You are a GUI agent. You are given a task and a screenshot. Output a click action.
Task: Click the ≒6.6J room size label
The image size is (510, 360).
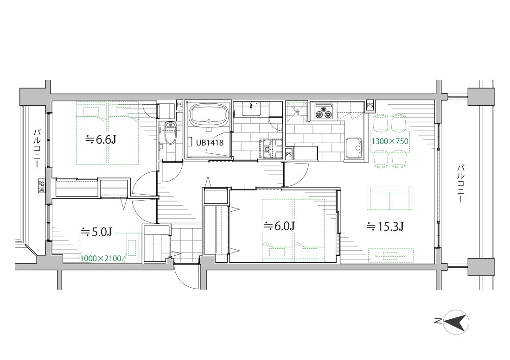pyautogui.click(x=101, y=140)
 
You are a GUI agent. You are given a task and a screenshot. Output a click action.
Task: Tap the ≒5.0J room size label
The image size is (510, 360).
pyautogui.click(x=96, y=232)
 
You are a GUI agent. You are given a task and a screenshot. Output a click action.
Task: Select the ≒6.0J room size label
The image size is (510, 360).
pyautogui.click(x=280, y=226)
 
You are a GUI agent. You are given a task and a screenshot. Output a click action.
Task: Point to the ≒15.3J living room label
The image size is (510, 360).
pyautogui.click(x=385, y=227)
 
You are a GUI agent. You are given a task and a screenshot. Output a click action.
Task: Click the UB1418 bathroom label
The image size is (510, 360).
pyautogui.click(x=210, y=142)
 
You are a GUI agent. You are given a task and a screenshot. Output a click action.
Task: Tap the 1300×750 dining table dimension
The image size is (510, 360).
pyautogui.click(x=390, y=141)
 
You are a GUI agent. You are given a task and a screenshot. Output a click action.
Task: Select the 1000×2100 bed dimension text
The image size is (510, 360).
pyautogui.click(x=101, y=259)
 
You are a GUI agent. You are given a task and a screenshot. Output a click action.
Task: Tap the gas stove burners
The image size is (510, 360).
pyautogui.click(x=323, y=112)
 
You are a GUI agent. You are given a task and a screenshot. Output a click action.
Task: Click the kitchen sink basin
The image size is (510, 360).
pyautogui.click(x=354, y=148)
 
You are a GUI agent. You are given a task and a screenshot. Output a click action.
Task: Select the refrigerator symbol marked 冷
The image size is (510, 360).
pyautogui.click(x=296, y=112)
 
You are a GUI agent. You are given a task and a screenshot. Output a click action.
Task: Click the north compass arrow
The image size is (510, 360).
pyautogui.click(x=457, y=322)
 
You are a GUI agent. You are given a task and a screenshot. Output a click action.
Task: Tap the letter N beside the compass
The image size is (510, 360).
pyautogui.click(x=437, y=322)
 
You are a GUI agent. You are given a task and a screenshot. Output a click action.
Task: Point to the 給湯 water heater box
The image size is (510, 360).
pyautogui.click(x=42, y=185)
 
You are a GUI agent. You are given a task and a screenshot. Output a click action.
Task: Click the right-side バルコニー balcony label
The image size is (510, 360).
pyautogui.click(x=460, y=183)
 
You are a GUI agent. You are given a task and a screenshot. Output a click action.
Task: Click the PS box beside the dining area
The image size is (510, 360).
pyautogui.click(x=370, y=105)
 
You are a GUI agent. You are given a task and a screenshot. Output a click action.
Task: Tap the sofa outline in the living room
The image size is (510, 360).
pyautogui.click(x=389, y=197)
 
